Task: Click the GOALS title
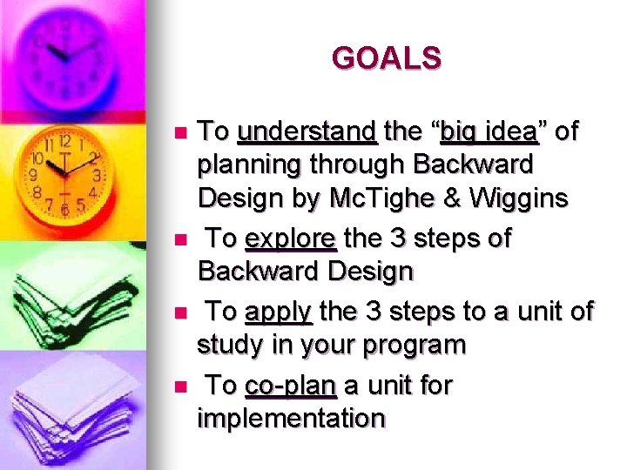[387, 58]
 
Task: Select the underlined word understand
[307, 132]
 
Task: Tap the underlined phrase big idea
[489, 132]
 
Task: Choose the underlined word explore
[290, 238]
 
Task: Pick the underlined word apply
[279, 311]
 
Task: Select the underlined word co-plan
[291, 385]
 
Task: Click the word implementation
[291, 420]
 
